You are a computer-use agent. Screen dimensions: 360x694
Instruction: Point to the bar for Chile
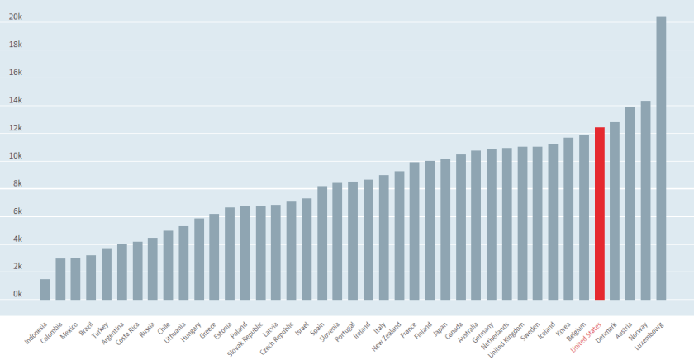coord(168,264)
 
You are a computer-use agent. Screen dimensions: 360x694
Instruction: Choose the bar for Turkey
coord(107,273)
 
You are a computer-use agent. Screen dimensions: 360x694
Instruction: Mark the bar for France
coord(414,230)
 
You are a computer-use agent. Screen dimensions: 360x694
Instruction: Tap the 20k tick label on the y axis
coord(16,17)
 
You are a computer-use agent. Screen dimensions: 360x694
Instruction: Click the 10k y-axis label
coord(16,156)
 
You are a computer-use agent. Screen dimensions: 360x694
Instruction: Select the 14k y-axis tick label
coord(16,101)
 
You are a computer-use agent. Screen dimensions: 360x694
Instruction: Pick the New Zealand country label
coord(388,334)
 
